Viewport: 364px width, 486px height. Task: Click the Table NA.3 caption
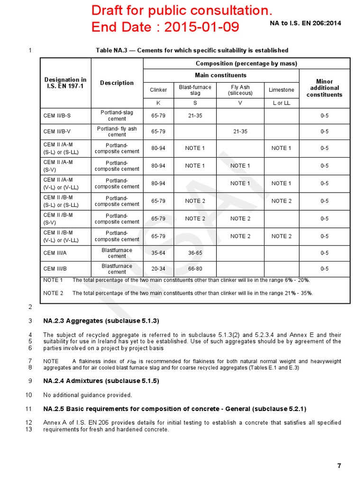coord(192,50)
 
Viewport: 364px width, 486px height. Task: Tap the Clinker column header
coord(158,90)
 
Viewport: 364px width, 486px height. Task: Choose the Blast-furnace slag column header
coord(195,90)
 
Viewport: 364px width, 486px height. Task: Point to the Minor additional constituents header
coord(324,88)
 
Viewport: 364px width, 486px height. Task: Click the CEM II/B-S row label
coord(57,115)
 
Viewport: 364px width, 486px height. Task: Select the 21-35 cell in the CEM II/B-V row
coord(240,131)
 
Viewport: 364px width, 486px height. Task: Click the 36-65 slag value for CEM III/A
coord(195,253)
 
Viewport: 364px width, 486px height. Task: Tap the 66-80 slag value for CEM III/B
coord(195,269)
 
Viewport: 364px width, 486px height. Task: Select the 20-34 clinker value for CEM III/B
coord(158,269)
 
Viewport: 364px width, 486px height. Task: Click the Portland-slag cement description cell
coord(117,115)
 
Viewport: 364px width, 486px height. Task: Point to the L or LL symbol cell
coord(281,103)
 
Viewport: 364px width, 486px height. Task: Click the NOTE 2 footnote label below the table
coord(53,293)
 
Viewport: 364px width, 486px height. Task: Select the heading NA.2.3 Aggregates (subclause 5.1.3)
coord(101,321)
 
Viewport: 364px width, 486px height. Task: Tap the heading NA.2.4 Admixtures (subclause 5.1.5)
coord(101,381)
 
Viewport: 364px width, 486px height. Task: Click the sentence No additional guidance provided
coord(88,395)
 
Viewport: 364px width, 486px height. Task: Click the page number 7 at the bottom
coord(339,466)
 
